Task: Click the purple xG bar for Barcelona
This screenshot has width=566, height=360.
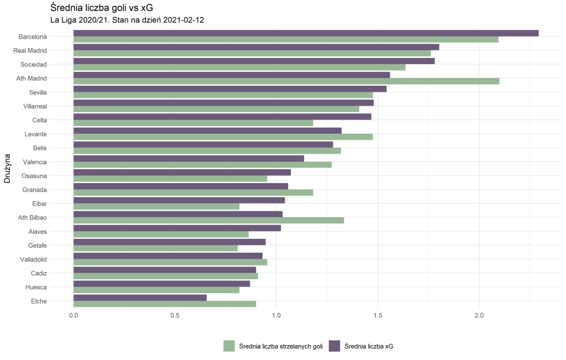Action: [306, 33]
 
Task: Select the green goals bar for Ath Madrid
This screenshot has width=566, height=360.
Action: [286, 81]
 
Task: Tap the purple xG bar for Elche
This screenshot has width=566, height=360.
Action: [140, 298]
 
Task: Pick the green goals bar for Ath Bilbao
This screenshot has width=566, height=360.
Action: [209, 220]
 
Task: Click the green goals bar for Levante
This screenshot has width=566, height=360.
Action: [223, 137]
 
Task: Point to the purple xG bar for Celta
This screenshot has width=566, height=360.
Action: [222, 117]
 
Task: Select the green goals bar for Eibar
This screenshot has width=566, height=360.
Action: [156, 206]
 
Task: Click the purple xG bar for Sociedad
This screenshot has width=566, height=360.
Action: [254, 61]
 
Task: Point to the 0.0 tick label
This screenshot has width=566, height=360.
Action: [74, 315]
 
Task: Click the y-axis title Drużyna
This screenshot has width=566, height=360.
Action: [7, 169]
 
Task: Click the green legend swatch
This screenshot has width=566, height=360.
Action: [229, 346]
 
